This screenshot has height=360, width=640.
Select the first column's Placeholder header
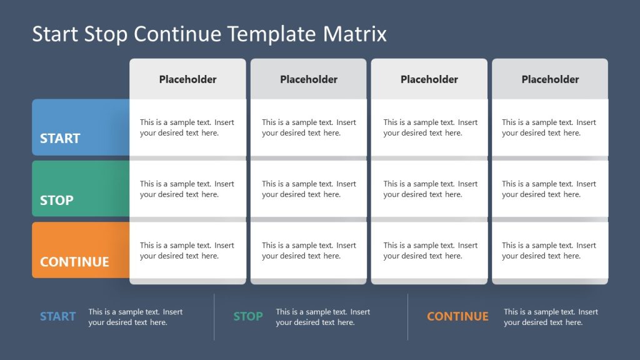coord(187,79)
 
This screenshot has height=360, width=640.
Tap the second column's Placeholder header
coord(309,79)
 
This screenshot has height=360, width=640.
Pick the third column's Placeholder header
coord(429,79)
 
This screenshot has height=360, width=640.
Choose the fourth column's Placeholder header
coord(550,79)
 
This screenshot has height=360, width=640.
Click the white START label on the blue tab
coord(60,139)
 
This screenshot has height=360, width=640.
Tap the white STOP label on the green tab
coord(57,201)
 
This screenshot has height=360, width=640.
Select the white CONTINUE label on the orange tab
coord(74,262)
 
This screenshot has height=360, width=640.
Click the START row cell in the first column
coord(187,127)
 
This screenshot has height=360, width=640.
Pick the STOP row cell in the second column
coord(309,189)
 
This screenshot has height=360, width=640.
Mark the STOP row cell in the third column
coord(430,189)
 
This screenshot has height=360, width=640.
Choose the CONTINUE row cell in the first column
coord(187,250)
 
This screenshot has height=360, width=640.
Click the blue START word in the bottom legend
coord(57,317)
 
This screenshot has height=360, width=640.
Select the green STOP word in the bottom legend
coord(248,317)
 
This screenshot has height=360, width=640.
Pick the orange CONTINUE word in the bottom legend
coord(457,317)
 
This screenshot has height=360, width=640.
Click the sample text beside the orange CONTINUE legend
coord(551,317)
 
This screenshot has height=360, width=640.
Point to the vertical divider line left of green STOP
coord(214,317)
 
